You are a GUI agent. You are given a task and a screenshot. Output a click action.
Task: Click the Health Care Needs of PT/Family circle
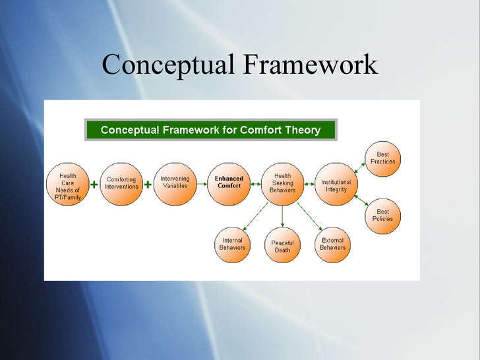point(68,184)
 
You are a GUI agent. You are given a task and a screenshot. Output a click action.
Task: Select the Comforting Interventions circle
point(122,183)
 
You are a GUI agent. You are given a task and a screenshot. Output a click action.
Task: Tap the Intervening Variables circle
point(175,183)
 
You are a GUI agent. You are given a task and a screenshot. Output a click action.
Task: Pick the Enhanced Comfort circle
point(229,183)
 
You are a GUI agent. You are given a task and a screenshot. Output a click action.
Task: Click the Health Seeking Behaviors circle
point(282,183)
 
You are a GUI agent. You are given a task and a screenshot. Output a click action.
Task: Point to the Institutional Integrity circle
point(336,185)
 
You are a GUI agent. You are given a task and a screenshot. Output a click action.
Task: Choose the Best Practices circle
point(382,159)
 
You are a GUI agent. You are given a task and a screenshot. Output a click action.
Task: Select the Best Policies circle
point(382,216)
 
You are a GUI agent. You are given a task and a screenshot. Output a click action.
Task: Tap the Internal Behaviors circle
point(232,245)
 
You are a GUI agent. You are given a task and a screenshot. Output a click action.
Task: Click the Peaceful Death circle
point(282,246)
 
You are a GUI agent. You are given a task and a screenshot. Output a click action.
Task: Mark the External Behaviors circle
point(332,245)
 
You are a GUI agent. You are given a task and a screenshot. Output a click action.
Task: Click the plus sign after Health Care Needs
point(94,185)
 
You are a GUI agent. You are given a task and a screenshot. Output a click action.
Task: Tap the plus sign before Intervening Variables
point(148,185)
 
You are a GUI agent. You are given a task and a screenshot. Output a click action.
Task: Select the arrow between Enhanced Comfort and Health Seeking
point(256,185)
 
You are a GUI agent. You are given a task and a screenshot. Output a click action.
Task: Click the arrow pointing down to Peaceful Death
point(282,216)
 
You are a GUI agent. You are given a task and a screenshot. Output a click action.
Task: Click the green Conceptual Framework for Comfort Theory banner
point(210,130)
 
